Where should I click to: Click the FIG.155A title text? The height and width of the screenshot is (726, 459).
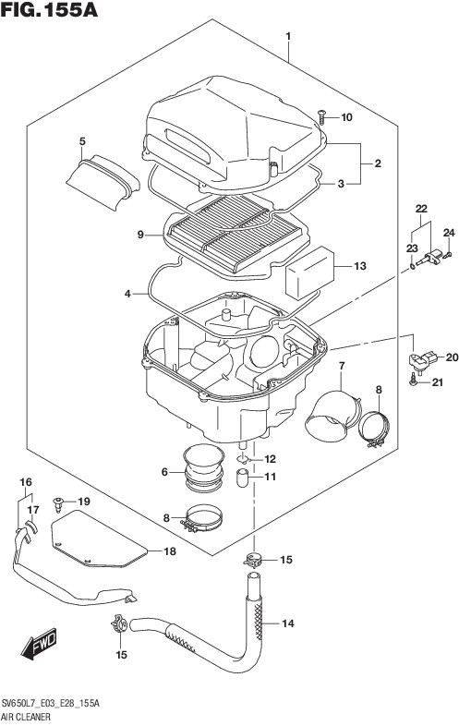(49, 10)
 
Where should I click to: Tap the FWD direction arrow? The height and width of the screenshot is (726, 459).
(39, 644)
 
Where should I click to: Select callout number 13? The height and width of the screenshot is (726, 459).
(360, 266)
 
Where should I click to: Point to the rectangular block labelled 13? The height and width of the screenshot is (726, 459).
(310, 273)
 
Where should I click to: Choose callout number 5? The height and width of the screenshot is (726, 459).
(82, 141)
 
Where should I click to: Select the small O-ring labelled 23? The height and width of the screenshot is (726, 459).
(411, 266)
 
